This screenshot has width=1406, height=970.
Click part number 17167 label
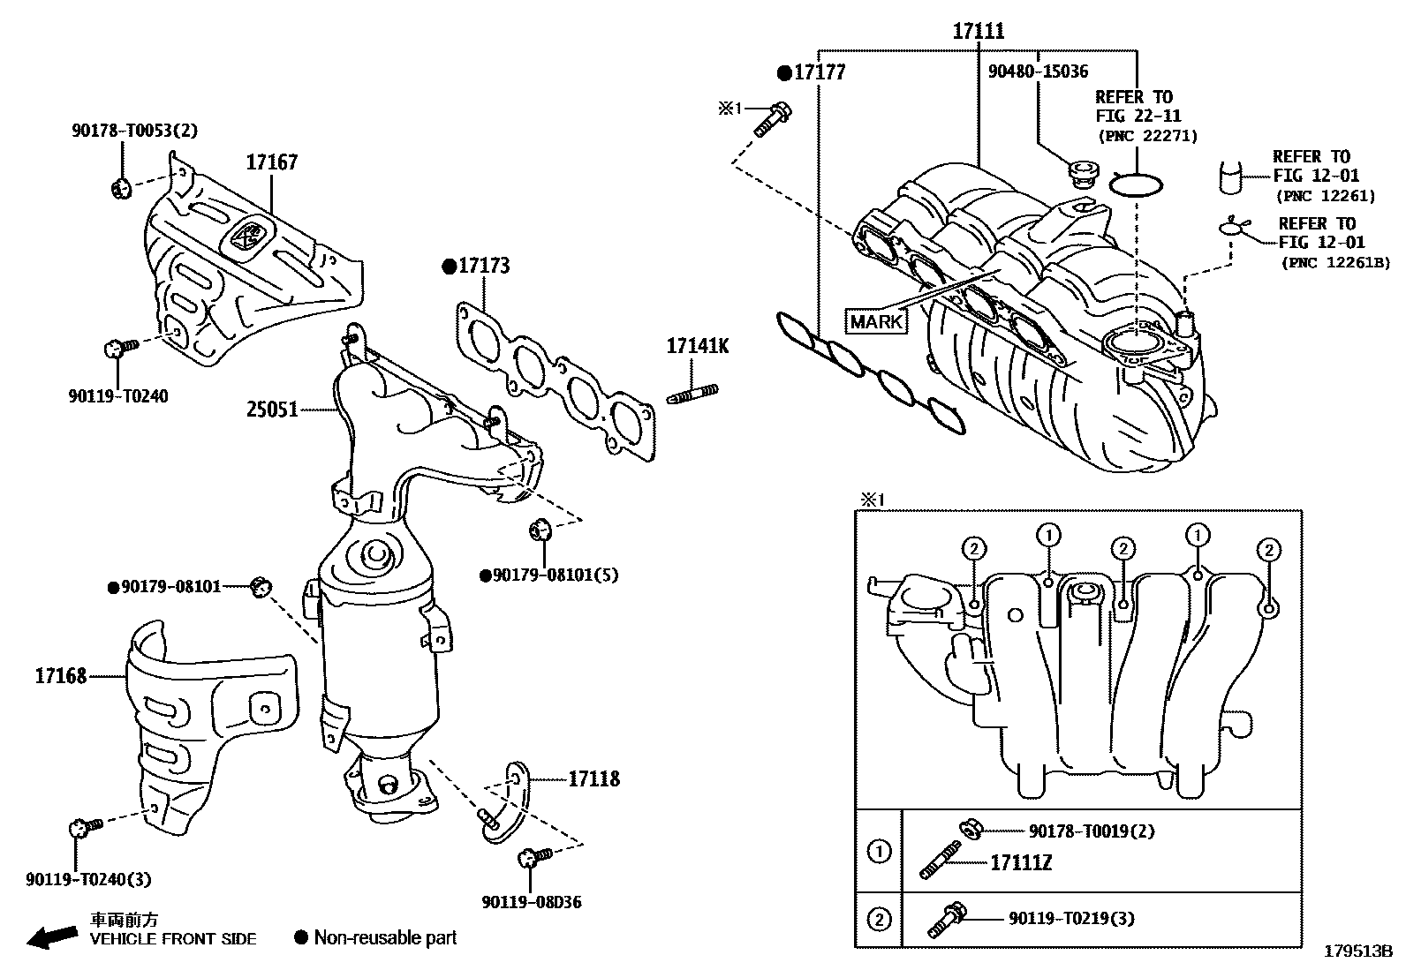(x=271, y=162)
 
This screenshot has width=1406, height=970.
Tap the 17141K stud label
(x=697, y=346)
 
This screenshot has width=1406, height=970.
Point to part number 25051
(x=272, y=410)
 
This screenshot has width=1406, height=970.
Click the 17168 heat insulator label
(x=61, y=676)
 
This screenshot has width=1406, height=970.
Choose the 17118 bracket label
(x=593, y=778)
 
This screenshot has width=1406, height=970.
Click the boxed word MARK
(x=876, y=321)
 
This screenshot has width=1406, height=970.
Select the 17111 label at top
(x=979, y=32)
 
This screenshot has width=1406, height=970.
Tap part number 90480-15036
(x=1038, y=71)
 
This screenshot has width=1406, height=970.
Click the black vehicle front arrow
(x=51, y=937)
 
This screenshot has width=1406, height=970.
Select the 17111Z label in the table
(x=1021, y=862)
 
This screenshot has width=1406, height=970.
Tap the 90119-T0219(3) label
(x=1071, y=918)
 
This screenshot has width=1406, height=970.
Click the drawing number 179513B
(x=1357, y=951)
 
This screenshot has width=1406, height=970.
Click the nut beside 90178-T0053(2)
(x=122, y=187)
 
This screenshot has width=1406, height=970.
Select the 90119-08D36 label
(x=532, y=902)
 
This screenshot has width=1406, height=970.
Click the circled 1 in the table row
(x=879, y=853)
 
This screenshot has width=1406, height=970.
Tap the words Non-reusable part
(x=385, y=937)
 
